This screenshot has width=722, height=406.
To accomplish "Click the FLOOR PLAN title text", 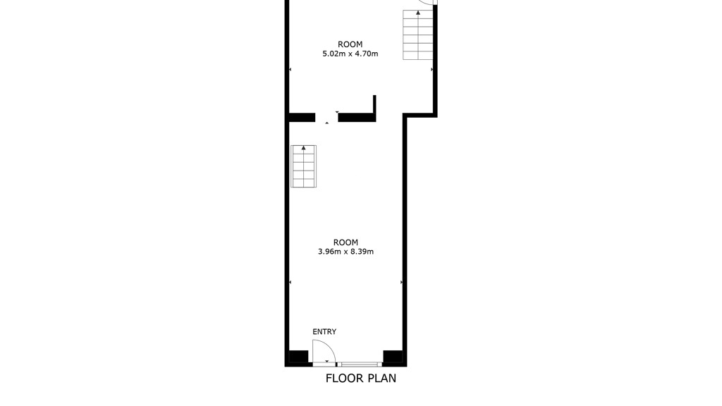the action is click(x=360, y=379).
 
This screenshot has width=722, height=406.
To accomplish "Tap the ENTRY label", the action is click(x=324, y=331).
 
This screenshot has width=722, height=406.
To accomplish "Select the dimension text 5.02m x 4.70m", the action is click(x=350, y=54).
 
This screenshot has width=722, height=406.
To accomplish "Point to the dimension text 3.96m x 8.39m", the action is click(x=345, y=252).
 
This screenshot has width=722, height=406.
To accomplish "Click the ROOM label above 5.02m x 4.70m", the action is click(x=350, y=44).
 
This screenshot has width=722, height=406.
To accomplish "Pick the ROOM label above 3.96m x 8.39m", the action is click(x=345, y=242).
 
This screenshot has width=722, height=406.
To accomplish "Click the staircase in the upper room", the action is click(x=418, y=35).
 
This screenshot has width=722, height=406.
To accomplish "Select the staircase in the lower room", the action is click(x=303, y=166).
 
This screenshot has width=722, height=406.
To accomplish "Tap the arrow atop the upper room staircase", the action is click(x=418, y=13).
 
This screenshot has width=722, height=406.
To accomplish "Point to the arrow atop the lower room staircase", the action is click(x=303, y=148).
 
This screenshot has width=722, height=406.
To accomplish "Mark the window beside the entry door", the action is click(x=359, y=364).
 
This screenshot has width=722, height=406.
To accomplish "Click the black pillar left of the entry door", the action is click(x=298, y=357).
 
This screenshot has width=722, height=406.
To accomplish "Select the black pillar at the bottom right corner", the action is click(x=393, y=357).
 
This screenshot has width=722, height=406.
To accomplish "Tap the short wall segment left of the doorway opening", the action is click(x=302, y=118).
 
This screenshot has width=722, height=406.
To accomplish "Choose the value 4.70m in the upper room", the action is click(x=367, y=54).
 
